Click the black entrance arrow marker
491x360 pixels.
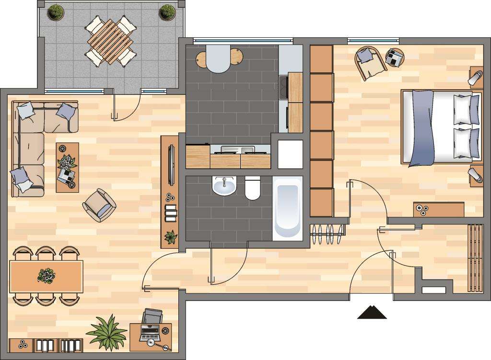pos(372,312)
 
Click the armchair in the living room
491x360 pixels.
pos(99,205)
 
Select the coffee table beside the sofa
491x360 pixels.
pos(67,167)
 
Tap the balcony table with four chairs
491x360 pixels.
pos(110,42)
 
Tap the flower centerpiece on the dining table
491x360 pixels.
pos(47,276)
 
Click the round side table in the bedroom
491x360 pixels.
pos(395,58)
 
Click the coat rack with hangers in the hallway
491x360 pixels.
pos(328,233)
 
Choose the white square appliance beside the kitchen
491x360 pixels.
pos(290,154)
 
